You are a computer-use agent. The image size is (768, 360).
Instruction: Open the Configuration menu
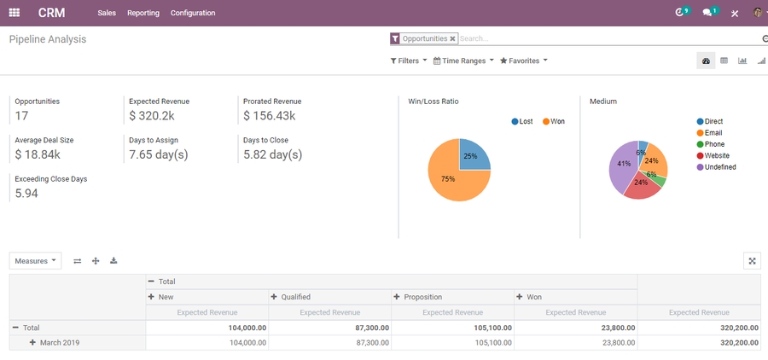(x=193, y=13)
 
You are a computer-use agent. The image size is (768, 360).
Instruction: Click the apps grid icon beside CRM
(x=15, y=13)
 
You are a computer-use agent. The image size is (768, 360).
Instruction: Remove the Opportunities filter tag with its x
(x=452, y=38)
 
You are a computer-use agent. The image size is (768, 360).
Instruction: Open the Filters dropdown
(x=409, y=61)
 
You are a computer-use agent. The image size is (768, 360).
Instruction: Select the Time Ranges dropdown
(x=463, y=61)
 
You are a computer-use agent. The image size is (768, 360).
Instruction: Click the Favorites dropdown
(x=523, y=61)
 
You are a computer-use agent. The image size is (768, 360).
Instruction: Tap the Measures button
(x=35, y=261)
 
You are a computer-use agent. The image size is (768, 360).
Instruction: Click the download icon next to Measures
(x=113, y=261)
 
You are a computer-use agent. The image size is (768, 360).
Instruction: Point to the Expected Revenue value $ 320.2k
(x=152, y=116)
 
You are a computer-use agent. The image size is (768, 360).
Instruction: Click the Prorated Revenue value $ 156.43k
(x=269, y=116)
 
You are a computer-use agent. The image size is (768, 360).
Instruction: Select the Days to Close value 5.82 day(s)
(x=272, y=154)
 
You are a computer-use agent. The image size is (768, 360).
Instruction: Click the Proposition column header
(x=423, y=297)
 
